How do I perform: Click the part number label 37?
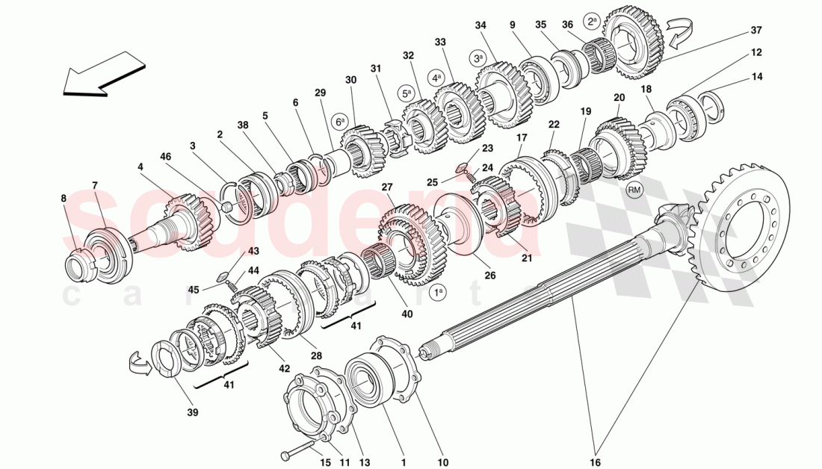(x=756, y=31)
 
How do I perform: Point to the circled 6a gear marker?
(x=340, y=122)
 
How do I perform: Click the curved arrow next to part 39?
(x=140, y=364)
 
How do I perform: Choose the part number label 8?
(x=64, y=199)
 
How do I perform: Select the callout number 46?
(x=166, y=157)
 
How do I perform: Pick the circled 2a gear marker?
(x=592, y=21)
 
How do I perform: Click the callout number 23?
(x=487, y=148)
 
